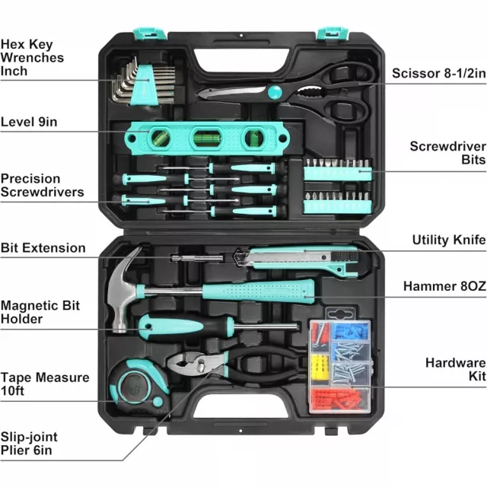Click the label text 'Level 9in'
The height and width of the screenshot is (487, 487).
29,122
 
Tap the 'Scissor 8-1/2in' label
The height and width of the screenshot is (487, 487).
439,73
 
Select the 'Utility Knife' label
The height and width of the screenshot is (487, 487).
449,240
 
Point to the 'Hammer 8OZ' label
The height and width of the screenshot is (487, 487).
444,286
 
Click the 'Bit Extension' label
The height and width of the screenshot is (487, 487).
43,248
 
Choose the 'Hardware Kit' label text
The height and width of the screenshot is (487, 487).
456,369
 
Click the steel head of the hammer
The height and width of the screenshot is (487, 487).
123,292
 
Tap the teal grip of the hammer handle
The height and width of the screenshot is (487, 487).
259,291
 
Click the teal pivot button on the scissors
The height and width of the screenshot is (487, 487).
275,92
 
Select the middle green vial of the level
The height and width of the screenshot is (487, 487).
206,137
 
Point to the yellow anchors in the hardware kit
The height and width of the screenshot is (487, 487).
320,368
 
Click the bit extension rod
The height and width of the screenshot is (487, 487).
197,258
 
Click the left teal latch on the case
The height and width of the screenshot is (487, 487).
149,33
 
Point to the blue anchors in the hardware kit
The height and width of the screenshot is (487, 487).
351,332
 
